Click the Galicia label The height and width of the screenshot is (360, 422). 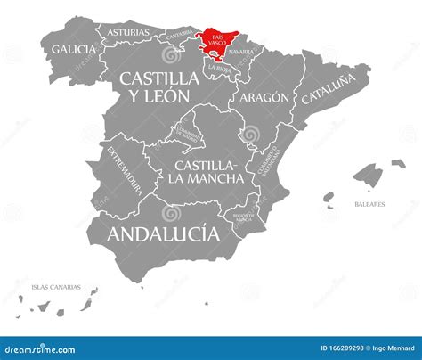(74, 49)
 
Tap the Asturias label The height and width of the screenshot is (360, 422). (128, 32)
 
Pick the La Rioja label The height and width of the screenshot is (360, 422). (218, 68)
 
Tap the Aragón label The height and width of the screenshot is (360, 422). (264, 96)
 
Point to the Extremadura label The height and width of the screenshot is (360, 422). (125, 169)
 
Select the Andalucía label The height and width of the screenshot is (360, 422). (162, 234)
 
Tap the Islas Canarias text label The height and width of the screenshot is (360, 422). (55, 287)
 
